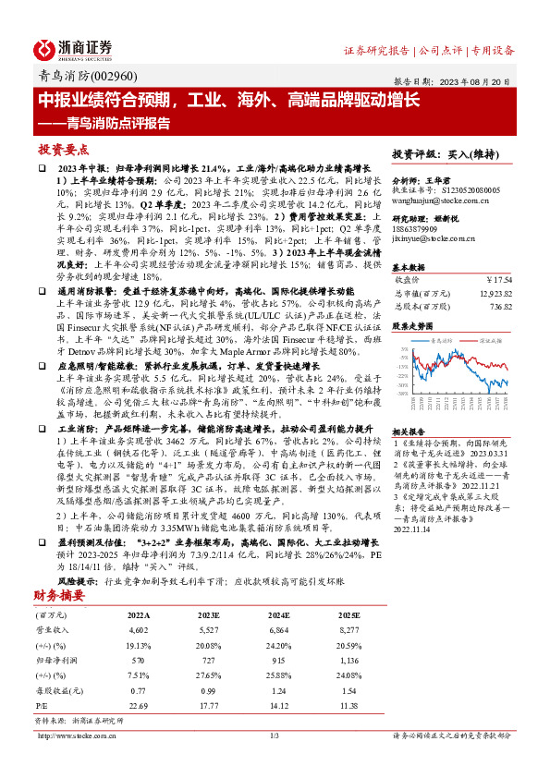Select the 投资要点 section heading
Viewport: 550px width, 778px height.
pyautogui.click(x=64, y=148)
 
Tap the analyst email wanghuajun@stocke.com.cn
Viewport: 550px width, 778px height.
pyautogui.click(x=433, y=198)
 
